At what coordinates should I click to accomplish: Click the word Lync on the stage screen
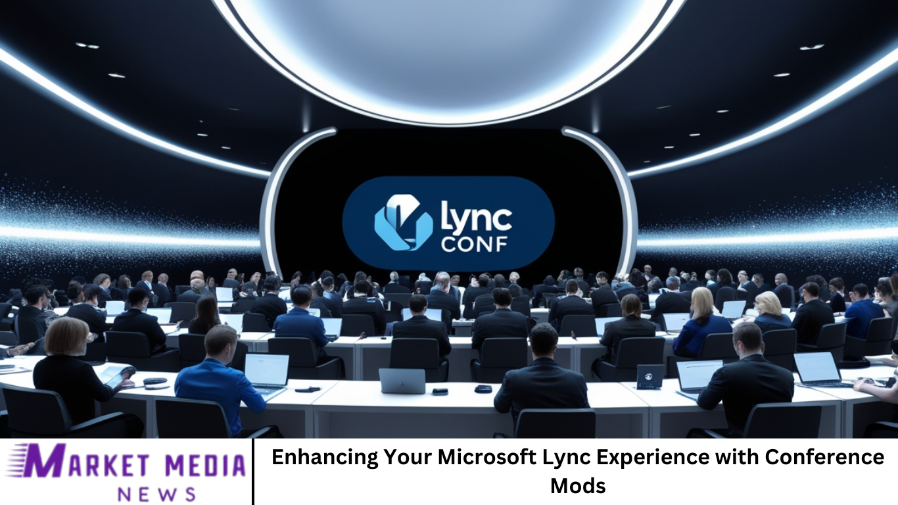pos(476,217)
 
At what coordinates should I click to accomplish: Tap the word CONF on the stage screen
pos(474,244)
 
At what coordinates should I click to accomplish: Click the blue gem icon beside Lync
pos(404,223)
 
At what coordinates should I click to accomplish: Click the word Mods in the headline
pos(578,486)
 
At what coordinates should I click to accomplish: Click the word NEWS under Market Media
pos(156,494)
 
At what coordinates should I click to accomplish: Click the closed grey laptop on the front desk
pos(402,381)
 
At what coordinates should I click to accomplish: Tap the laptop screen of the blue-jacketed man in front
pos(267,370)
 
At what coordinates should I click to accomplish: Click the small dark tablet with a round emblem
pos(650,377)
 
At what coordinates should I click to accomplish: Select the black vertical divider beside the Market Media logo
pos(253,471)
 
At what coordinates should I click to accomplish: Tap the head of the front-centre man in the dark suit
pos(543,341)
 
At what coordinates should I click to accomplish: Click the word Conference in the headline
pos(824,457)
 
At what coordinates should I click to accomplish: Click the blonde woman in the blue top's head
pos(702,302)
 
